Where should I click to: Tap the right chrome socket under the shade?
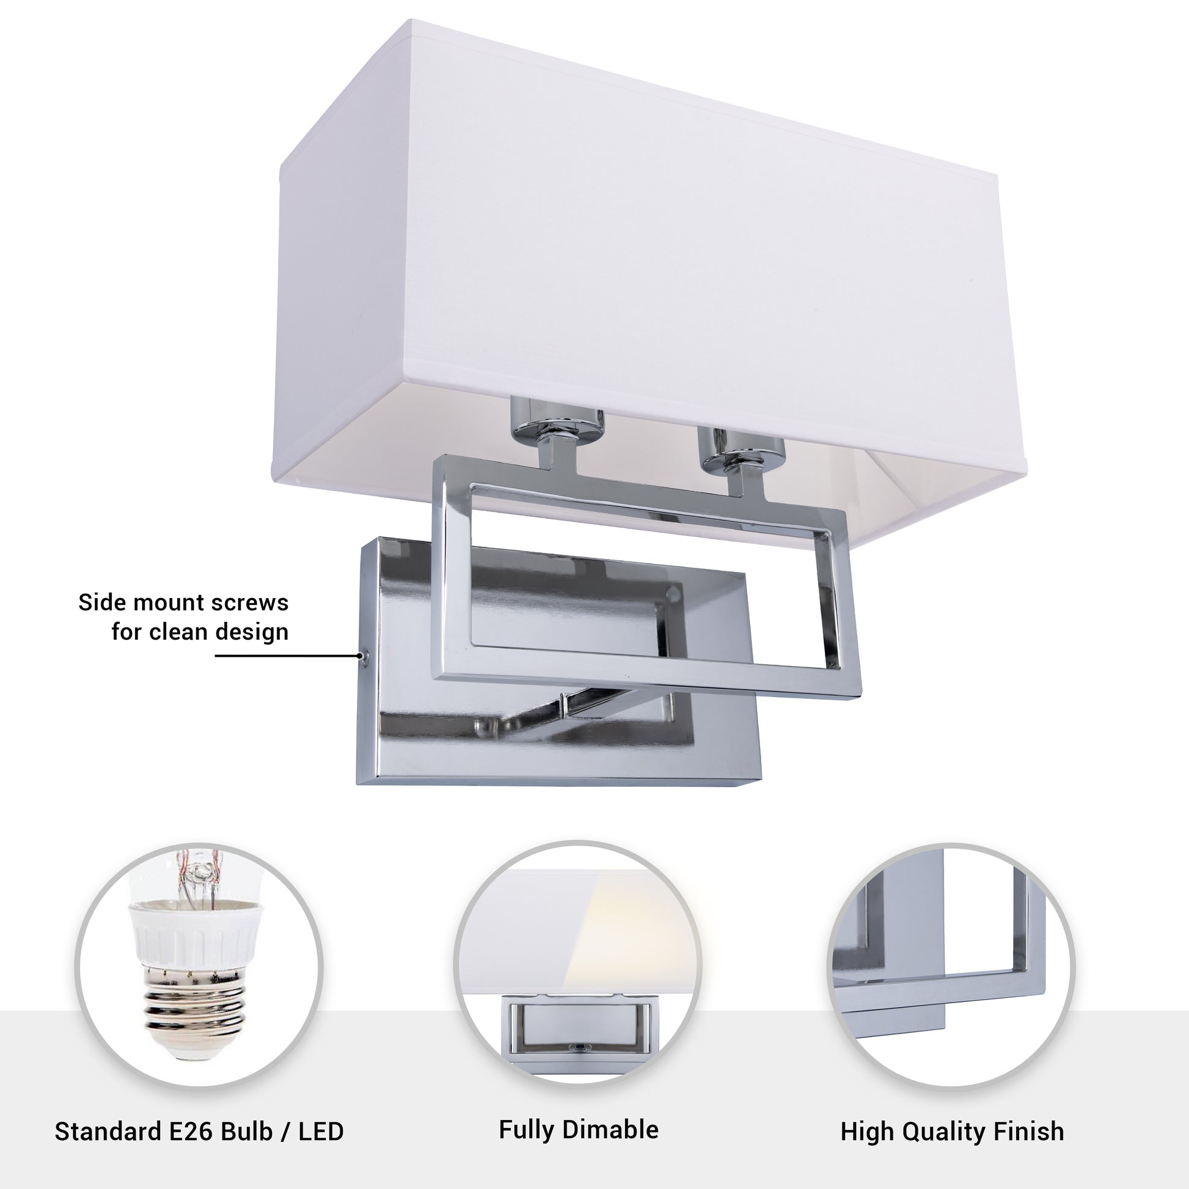click(x=741, y=447)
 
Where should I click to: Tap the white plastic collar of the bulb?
click(x=194, y=934)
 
